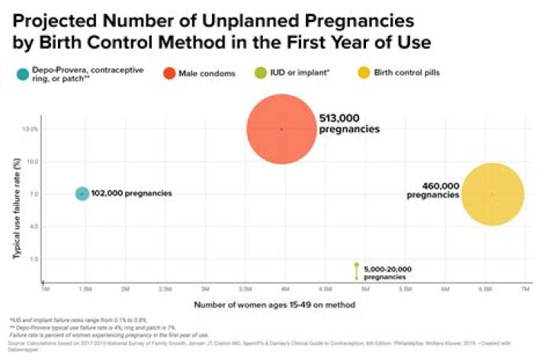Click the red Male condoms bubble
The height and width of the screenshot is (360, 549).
point(281,129)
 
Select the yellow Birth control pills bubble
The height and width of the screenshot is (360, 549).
point(493,194)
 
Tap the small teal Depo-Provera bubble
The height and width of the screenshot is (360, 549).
point(82,194)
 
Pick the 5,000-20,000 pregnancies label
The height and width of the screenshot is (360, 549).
point(387,273)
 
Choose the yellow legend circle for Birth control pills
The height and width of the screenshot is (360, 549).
point(364,73)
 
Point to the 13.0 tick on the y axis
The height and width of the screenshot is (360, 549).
point(30,129)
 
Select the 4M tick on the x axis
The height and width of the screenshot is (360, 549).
point(284,290)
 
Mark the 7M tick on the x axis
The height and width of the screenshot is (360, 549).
point(525,290)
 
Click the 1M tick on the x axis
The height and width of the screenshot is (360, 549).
point(45,290)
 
